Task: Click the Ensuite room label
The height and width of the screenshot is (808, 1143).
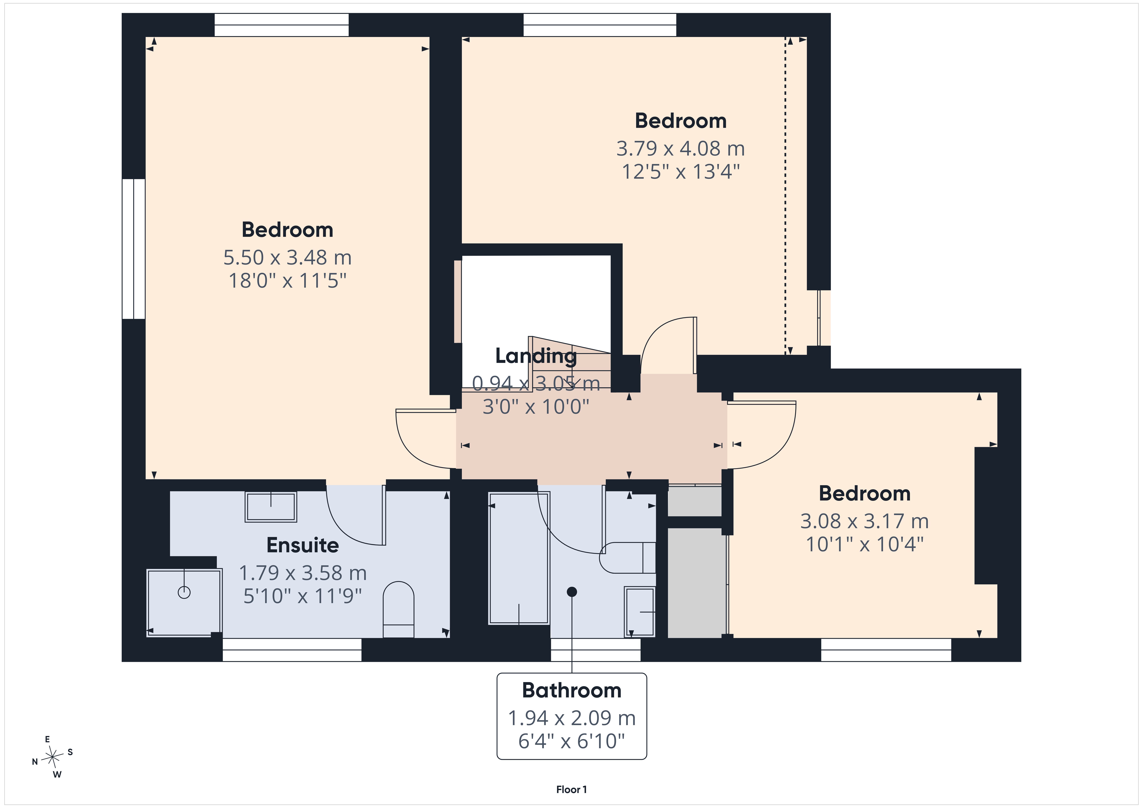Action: pos(303,545)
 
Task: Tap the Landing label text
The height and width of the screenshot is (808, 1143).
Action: pos(536,356)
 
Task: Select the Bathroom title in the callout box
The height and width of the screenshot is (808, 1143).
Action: pos(571,691)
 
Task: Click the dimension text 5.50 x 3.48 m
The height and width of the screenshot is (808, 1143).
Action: pos(287,257)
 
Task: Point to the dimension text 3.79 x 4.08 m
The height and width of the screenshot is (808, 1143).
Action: pos(680,148)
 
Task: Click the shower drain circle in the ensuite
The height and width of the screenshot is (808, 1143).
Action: pos(184,592)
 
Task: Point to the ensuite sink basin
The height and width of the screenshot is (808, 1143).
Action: pos(271,507)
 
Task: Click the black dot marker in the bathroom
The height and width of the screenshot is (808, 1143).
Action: pos(572,592)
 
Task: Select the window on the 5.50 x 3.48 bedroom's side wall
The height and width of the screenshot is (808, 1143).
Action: pos(133,249)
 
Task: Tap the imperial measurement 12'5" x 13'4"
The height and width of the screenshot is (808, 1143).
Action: pos(680,172)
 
